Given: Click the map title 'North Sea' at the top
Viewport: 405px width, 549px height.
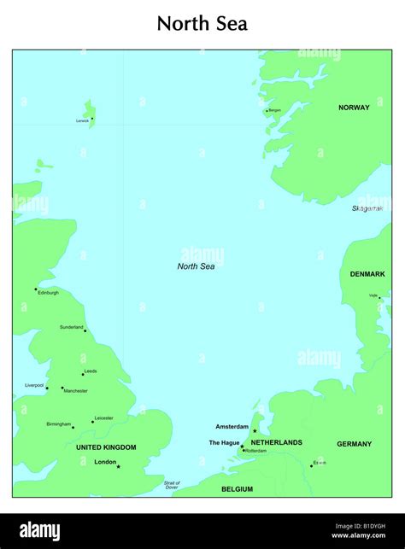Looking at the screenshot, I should [202, 24].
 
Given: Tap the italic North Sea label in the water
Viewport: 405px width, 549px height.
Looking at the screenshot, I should [196, 266].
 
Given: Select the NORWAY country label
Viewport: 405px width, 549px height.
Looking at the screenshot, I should [354, 108].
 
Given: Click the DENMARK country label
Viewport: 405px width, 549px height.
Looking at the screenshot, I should [367, 274].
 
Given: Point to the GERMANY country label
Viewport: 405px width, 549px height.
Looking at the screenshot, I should [354, 444].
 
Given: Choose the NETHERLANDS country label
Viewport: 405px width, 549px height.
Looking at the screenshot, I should [276, 442].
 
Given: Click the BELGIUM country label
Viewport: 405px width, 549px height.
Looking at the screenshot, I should [237, 489].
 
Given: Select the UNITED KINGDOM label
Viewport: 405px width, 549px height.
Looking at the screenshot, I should [106, 447].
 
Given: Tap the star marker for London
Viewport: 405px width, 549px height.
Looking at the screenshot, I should [119, 467].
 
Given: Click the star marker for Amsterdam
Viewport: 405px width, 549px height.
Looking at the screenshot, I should [254, 431].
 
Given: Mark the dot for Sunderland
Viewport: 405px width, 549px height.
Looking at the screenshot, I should [85, 330].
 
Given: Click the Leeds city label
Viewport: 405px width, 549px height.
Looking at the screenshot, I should [91, 371].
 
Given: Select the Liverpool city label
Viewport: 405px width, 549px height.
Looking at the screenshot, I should [34, 385].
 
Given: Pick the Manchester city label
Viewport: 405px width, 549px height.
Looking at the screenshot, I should [75, 391].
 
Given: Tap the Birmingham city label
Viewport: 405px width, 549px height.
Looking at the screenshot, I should [59, 423].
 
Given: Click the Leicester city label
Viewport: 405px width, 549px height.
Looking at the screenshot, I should [103, 418].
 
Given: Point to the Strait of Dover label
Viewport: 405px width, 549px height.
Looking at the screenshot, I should [172, 485].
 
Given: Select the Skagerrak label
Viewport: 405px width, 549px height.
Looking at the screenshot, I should [367, 208].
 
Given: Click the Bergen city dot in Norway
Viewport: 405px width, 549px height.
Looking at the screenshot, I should [267, 111].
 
